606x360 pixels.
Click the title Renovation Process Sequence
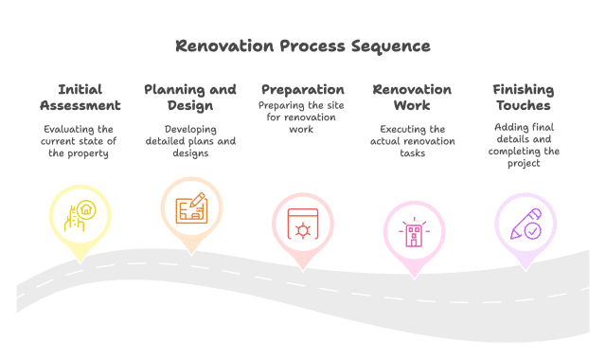[x=303, y=45]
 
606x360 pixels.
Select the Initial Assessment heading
[x=80, y=97]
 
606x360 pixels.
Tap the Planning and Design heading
[x=190, y=97]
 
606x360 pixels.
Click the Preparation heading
[x=302, y=89]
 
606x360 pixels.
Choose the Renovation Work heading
[x=412, y=97]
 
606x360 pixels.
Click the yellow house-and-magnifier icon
[x=80, y=215]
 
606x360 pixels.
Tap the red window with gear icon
[x=302, y=225]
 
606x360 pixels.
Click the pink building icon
[x=413, y=233]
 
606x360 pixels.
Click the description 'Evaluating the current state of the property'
[x=80, y=141]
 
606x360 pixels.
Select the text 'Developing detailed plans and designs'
[x=190, y=141]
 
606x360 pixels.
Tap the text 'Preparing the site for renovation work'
[x=302, y=117]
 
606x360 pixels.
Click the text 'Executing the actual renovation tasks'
[x=412, y=141]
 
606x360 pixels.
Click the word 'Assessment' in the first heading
[x=80, y=105]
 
